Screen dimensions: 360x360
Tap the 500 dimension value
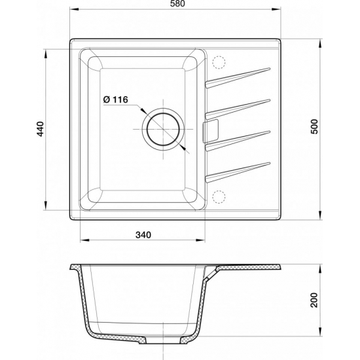315,126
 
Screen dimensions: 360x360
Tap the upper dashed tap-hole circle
219,60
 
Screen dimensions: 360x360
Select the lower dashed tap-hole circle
219,194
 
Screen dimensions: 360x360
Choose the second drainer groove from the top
238,106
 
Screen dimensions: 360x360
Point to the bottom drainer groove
238,170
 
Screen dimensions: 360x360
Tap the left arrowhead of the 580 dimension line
73,11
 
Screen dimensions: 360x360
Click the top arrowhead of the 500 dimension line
321,44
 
